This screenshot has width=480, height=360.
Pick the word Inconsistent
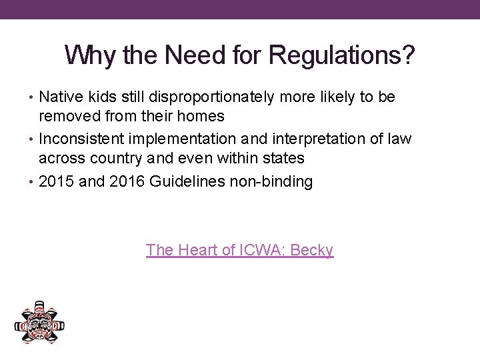pyautogui.click(x=81, y=139)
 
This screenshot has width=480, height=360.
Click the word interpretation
pyautogui.click(x=317, y=139)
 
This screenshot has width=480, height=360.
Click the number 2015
pyautogui.click(x=57, y=181)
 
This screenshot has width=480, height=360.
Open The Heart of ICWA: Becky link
pyautogui.click(x=239, y=250)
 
